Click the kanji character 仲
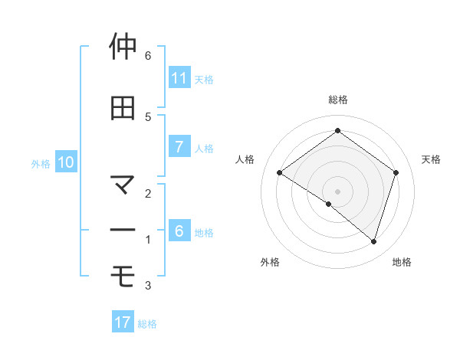point(123,47)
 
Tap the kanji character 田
point(123,108)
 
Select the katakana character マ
point(123,185)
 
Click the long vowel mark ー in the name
point(123,231)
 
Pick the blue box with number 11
point(179,78)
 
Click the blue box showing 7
point(179,147)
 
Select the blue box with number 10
point(66,162)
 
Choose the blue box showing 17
point(123,322)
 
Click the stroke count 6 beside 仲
point(148,56)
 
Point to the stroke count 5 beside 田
point(148,116)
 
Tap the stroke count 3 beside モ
point(148,286)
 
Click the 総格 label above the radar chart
point(337,100)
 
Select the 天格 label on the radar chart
point(431,159)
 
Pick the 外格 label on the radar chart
point(270,263)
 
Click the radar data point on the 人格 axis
point(280,173)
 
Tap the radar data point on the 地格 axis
point(373,241)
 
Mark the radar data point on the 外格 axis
point(329,204)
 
